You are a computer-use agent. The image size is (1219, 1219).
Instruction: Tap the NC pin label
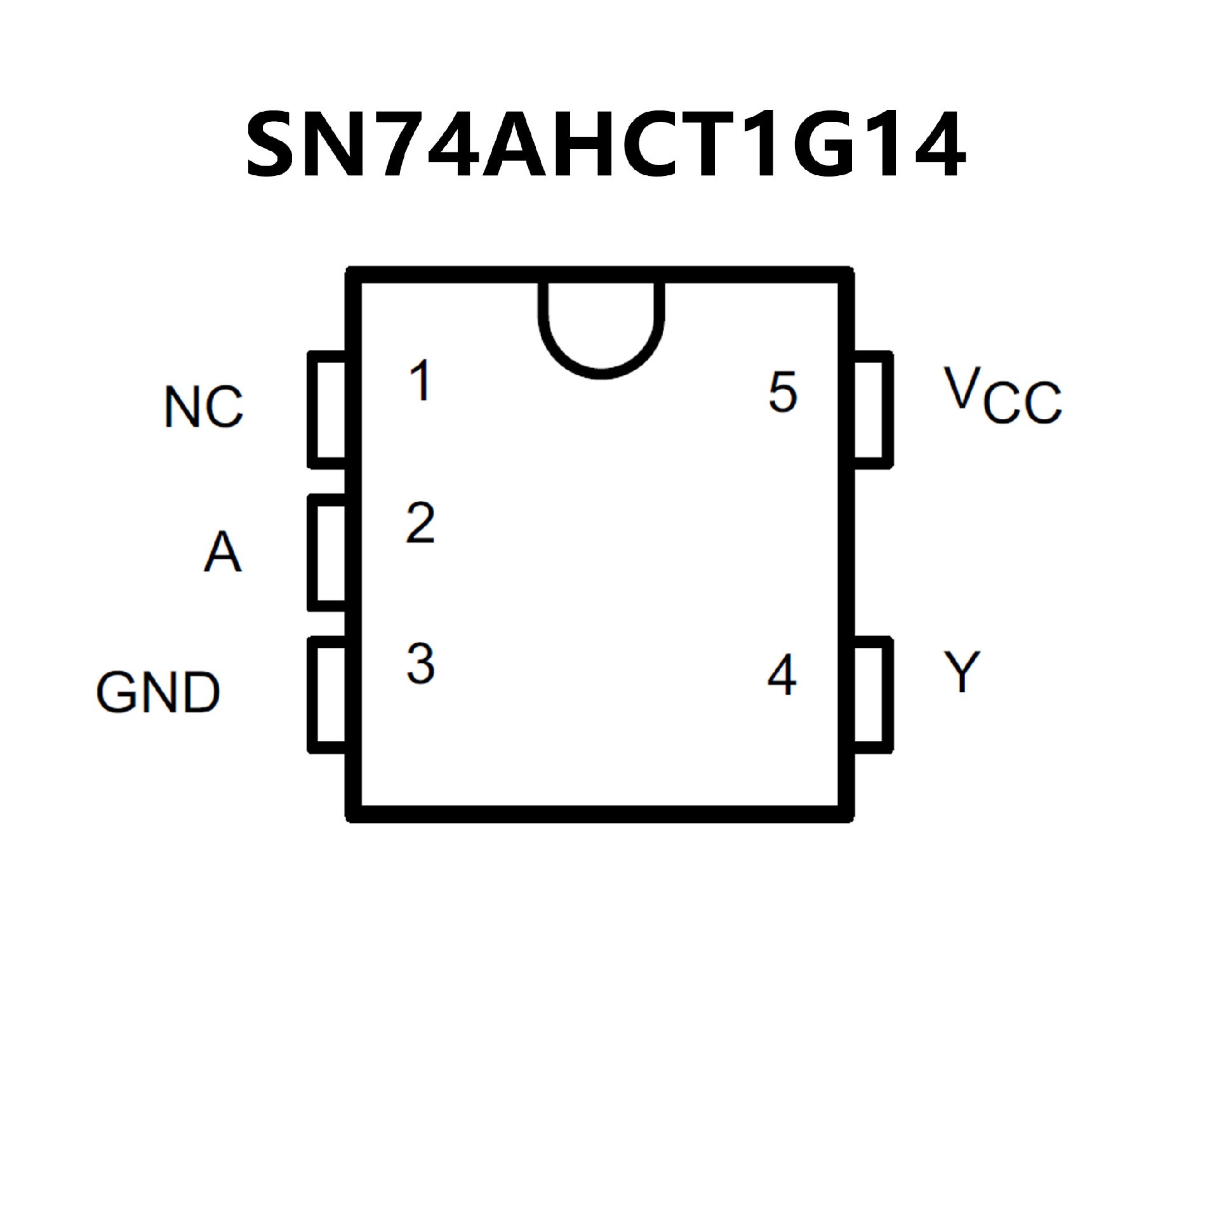point(204,406)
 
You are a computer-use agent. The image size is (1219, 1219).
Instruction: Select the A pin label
point(223,552)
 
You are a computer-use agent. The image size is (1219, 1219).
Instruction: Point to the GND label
point(158,692)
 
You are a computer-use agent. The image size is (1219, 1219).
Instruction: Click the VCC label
point(1002,396)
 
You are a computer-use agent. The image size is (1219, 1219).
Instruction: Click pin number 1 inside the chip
point(420,381)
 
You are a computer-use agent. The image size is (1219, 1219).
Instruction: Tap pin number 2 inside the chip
point(420,523)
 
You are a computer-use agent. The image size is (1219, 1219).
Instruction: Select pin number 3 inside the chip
point(420,664)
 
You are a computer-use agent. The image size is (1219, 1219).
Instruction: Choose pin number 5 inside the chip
point(782,392)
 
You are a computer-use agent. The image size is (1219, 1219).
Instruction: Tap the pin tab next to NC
point(328,410)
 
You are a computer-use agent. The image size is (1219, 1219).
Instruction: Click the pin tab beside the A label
point(328,552)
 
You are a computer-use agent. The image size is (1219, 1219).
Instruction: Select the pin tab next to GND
point(328,695)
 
